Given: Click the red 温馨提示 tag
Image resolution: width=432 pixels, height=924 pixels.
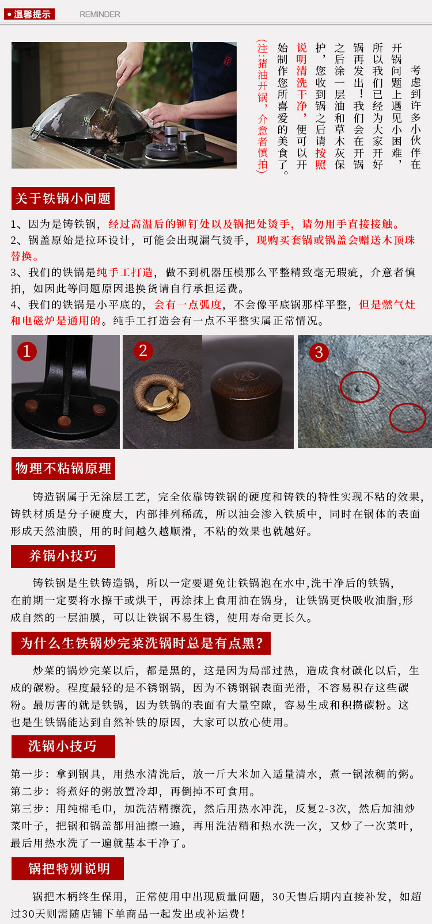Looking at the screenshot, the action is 29,14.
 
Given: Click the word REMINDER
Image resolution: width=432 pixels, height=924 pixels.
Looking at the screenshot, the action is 100,14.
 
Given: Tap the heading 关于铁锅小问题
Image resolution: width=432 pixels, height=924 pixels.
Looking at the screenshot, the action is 63,198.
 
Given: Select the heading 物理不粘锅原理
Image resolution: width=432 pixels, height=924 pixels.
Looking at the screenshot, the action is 63,468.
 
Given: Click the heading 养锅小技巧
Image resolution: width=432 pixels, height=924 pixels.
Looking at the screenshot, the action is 63,556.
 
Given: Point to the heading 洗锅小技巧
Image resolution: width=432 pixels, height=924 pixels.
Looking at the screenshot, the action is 63,746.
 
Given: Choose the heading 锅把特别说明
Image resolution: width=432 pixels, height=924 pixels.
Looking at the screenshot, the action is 68,868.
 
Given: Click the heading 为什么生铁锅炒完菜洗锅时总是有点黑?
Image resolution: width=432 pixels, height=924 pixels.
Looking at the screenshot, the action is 141,643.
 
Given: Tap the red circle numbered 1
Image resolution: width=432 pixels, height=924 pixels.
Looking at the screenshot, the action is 27,352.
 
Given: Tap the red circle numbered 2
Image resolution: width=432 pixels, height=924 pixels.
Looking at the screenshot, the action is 143,350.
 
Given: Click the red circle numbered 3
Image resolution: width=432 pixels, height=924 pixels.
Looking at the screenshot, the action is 319,352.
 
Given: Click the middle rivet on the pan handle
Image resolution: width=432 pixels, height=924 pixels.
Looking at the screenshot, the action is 64,421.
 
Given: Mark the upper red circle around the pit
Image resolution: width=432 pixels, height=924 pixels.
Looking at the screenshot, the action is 359,387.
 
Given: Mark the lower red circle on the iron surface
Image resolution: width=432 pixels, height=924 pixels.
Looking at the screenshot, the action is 408,418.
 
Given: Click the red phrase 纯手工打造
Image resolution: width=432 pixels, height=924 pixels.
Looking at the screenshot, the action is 125,272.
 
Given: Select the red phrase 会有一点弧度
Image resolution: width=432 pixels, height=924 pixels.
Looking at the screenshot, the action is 188,305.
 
